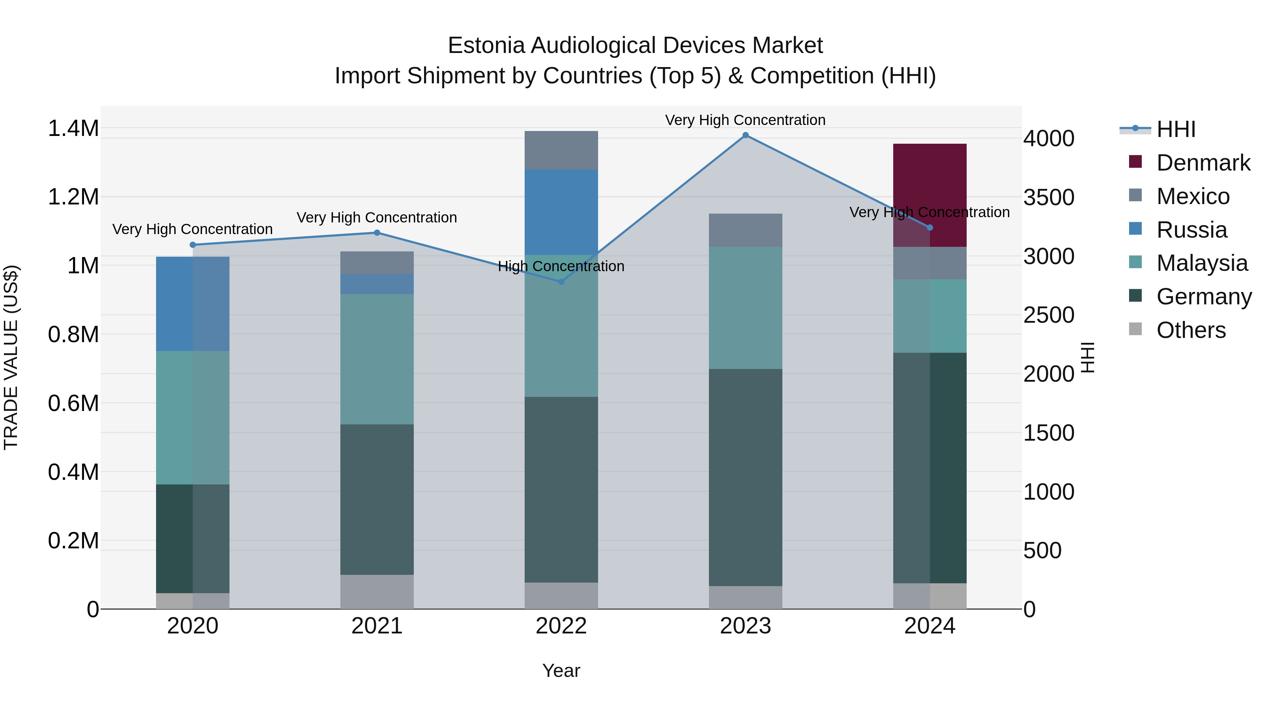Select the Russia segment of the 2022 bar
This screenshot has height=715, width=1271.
click(561, 212)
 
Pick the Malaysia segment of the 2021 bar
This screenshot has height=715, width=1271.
click(377, 359)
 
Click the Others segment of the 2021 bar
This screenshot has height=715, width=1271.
click(377, 592)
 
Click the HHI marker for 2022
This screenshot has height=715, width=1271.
click(561, 282)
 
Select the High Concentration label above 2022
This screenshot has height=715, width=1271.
click(561, 267)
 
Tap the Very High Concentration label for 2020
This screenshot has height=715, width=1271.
click(192, 230)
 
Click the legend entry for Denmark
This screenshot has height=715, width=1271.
click(1203, 163)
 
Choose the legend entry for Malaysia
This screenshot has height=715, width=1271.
click(1202, 263)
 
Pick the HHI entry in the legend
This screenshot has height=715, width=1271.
click(1176, 129)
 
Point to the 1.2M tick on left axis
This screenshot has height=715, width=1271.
click(73, 197)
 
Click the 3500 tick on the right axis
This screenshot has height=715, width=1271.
click(1049, 197)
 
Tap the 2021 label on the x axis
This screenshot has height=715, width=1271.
click(377, 626)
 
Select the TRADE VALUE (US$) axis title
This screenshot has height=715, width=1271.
click(11, 357)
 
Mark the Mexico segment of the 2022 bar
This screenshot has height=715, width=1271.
click(561, 150)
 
